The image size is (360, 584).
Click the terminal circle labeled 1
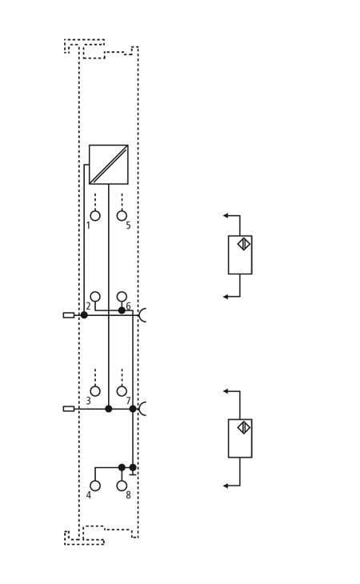click(95, 216)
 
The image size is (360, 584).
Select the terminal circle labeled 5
click(122, 216)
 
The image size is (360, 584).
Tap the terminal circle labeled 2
click(95, 297)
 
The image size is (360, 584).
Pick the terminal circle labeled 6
click(122, 297)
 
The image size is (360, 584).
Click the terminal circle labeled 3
click(95, 391)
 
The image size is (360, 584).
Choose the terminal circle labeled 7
click(122, 391)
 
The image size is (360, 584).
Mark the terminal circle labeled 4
click(95, 486)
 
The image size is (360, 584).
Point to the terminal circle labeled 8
click(122, 486)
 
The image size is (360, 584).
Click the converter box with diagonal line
click(109, 165)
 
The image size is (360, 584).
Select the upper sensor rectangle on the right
click(240, 254)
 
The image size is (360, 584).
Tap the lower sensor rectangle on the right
click(240, 438)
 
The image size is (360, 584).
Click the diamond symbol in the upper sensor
click(244, 244)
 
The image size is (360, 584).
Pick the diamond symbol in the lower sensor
click(244, 427)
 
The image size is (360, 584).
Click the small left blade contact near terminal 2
click(69, 315)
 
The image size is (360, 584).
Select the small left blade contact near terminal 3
click(69, 409)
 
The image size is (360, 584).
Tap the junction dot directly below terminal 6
click(122, 310)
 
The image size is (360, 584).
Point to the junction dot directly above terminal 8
click(122, 467)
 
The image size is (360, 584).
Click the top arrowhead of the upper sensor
click(226, 215)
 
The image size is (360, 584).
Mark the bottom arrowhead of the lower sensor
click(226, 486)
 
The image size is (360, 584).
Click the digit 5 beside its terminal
click(128, 226)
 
